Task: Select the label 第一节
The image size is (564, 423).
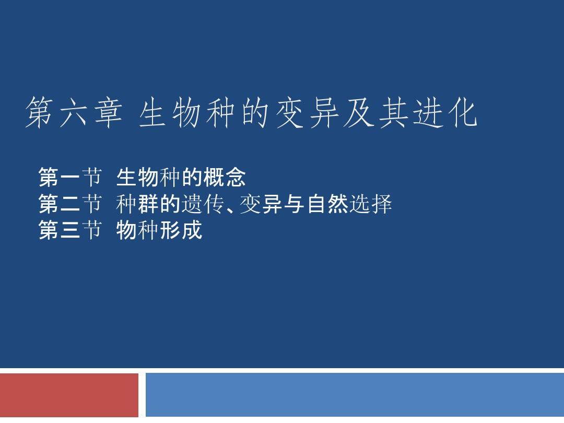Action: coord(70,178)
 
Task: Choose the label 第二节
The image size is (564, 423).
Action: coord(70,204)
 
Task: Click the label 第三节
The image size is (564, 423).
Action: coord(70,230)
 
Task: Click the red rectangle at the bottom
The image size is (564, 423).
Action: coord(69,394)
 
